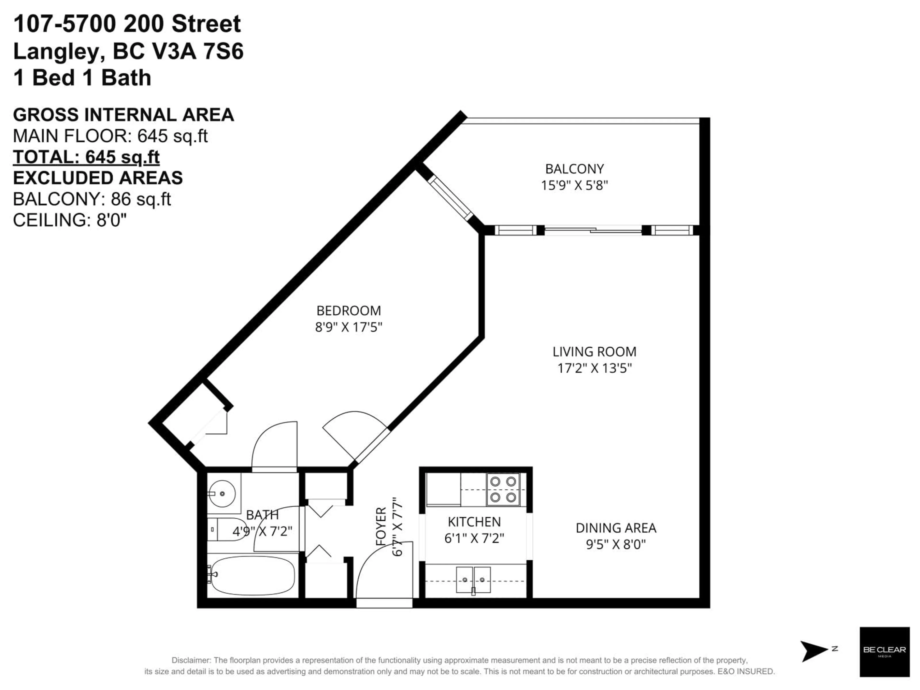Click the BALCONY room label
tap(574, 169)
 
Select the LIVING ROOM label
tap(594, 352)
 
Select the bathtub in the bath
tap(253, 576)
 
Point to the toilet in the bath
tap(227, 529)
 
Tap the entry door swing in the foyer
tap(383, 574)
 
